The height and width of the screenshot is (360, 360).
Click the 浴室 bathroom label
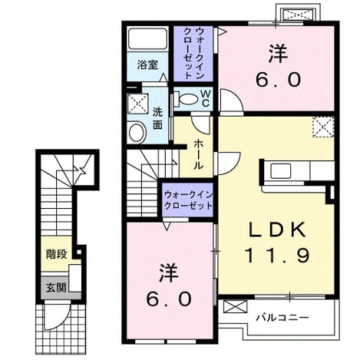[x=147, y=64]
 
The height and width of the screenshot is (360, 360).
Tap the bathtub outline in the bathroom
[x=147, y=38]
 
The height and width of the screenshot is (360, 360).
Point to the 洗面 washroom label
[x=158, y=118]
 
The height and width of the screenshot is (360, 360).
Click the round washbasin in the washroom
[x=137, y=133]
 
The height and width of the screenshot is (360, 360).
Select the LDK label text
[x=277, y=230]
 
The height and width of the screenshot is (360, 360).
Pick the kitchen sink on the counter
[x=280, y=171]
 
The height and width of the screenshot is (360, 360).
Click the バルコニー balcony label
[x=282, y=318]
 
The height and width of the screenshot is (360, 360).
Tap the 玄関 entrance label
[x=56, y=288]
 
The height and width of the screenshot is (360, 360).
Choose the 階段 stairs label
[x=57, y=254]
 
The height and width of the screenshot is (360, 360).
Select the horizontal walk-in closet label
[x=189, y=200]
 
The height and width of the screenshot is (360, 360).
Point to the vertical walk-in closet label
[x=193, y=54]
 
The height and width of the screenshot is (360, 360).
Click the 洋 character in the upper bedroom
[x=278, y=54]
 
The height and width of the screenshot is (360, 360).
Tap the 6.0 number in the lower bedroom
[x=169, y=299]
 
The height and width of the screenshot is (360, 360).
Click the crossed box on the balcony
[x=236, y=307]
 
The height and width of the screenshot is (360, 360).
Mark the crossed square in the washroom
[x=138, y=104]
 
